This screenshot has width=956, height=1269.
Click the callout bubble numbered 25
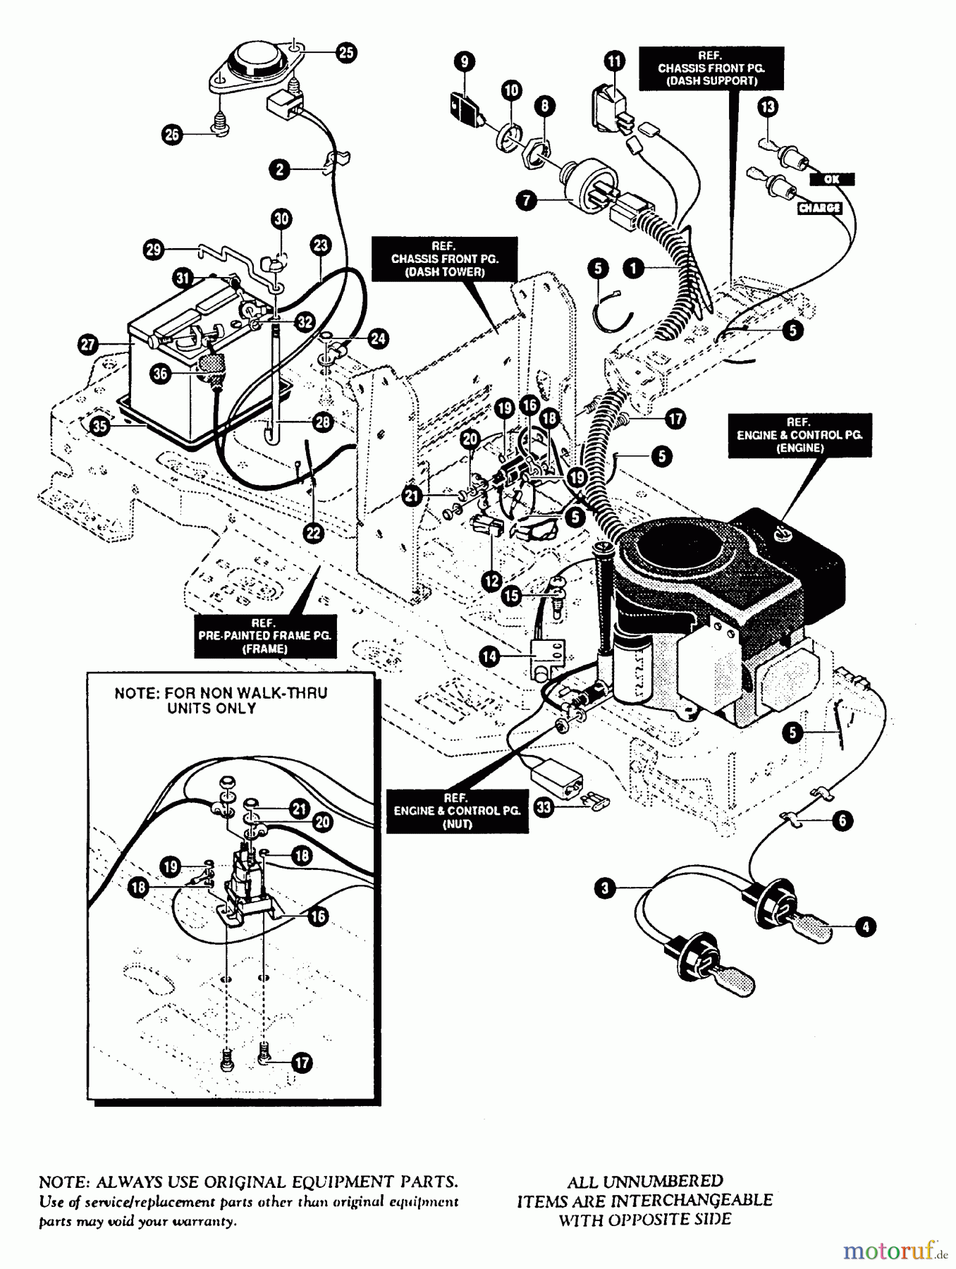pyautogui.click(x=345, y=53)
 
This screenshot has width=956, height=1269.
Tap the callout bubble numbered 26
pyautogui.click(x=173, y=134)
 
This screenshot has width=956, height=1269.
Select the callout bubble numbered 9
pyautogui.click(x=464, y=62)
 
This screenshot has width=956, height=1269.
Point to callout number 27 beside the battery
pyautogui.click(x=88, y=345)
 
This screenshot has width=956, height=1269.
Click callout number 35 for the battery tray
pyautogui.click(x=101, y=426)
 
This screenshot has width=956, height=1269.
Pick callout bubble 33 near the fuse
pyautogui.click(x=544, y=807)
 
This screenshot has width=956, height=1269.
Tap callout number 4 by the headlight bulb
pyautogui.click(x=866, y=926)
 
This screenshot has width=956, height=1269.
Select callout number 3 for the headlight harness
pyautogui.click(x=605, y=888)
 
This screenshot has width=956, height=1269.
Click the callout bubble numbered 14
pyautogui.click(x=489, y=656)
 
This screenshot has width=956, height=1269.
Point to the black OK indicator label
pyautogui.click(x=832, y=179)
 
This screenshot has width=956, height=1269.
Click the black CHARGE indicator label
pyautogui.click(x=819, y=208)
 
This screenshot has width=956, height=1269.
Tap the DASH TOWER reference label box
pyautogui.click(x=444, y=259)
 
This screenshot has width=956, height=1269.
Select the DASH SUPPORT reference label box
pyautogui.click(x=711, y=68)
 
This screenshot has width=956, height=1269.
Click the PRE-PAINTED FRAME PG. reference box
pyautogui.click(x=264, y=636)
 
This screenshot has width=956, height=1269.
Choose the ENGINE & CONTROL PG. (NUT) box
pyautogui.click(x=457, y=811)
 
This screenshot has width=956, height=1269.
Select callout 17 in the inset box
pyautogui.click(x=302, y=1062)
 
